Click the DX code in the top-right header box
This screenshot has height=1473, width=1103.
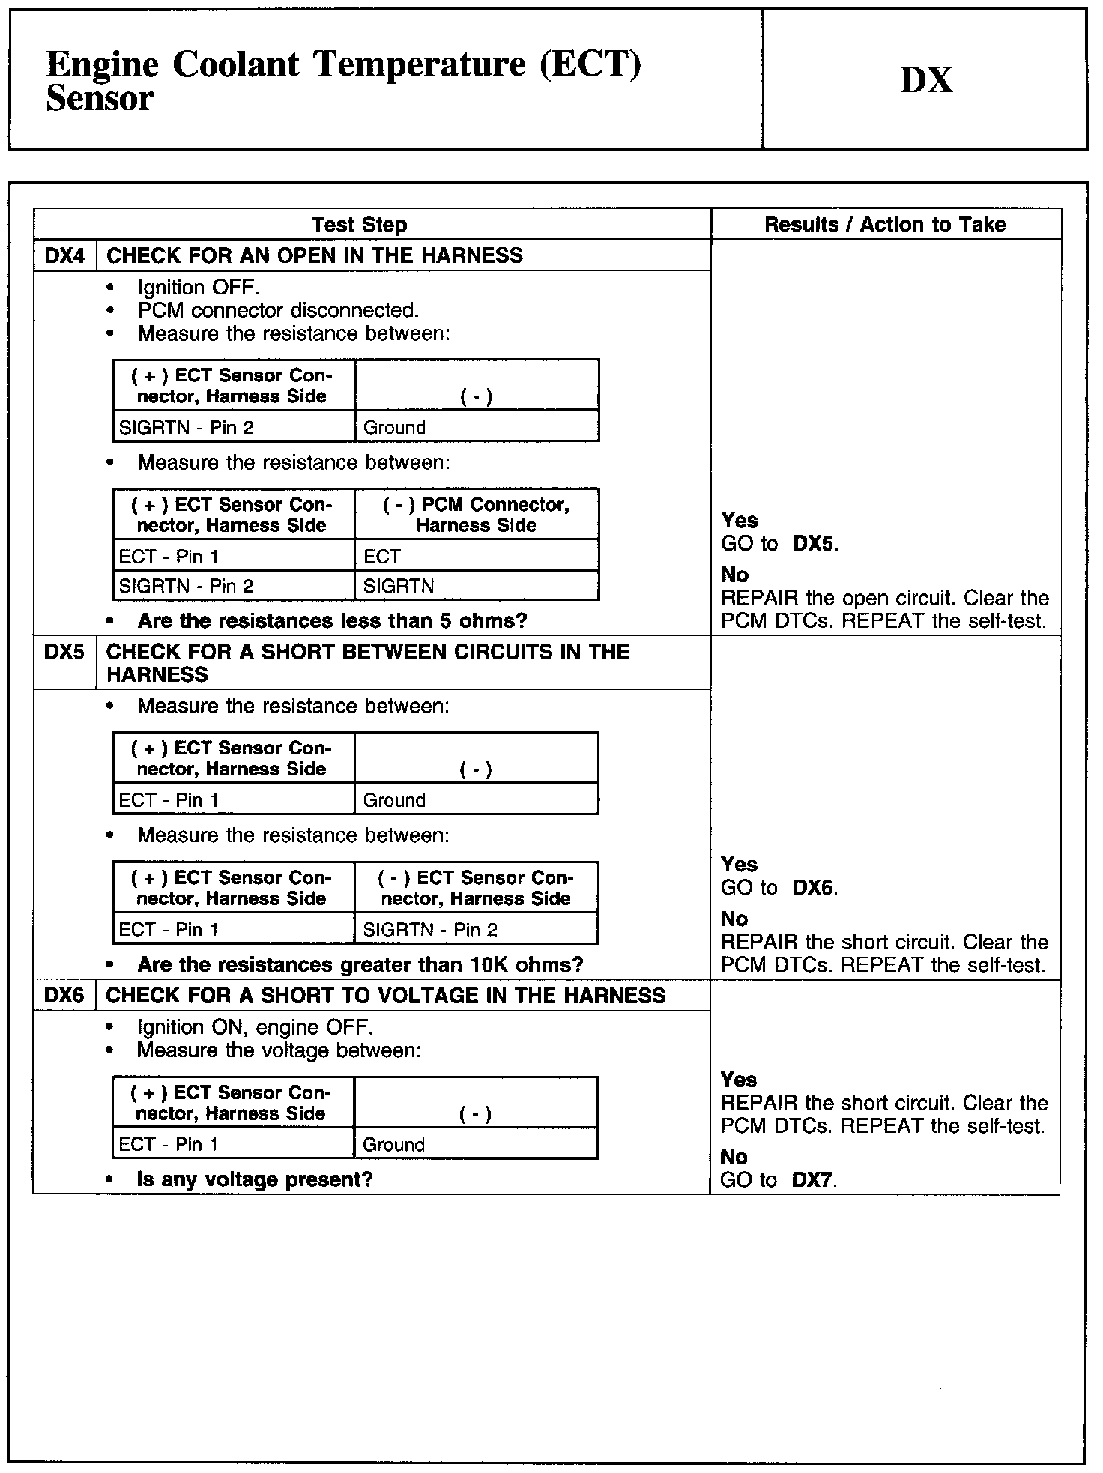click(926, 80)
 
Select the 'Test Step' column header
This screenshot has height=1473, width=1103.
click(359, 225)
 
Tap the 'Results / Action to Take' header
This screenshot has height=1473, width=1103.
click(885, 225)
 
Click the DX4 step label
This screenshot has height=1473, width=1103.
click(65, 255)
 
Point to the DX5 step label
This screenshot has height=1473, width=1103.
click(64, 652)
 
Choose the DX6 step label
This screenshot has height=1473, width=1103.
click(64, 996)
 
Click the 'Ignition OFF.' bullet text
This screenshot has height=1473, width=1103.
click(199, 288)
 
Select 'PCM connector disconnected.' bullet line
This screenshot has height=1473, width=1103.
click(278, 310)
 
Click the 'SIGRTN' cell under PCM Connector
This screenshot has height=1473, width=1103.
click(399, 586)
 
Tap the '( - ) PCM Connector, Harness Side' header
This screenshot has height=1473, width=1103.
click(477, 515)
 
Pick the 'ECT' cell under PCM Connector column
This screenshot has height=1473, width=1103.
click(382, 557)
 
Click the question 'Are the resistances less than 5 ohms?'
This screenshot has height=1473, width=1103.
click(332, 621)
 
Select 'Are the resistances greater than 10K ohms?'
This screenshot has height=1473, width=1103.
click(360, 964)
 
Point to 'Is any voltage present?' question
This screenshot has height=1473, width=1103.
click(255, 1179)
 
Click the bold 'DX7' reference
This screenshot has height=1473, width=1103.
click(812, 1180)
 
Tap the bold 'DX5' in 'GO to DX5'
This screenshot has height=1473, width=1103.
click(814, 544)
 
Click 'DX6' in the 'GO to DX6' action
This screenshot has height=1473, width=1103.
click(814, 888)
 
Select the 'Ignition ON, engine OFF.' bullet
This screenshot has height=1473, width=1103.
click(255, 1027)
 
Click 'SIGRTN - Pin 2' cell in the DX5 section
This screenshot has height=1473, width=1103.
click(430, 930)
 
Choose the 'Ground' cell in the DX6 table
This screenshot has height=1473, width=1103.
click(393, 1145)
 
